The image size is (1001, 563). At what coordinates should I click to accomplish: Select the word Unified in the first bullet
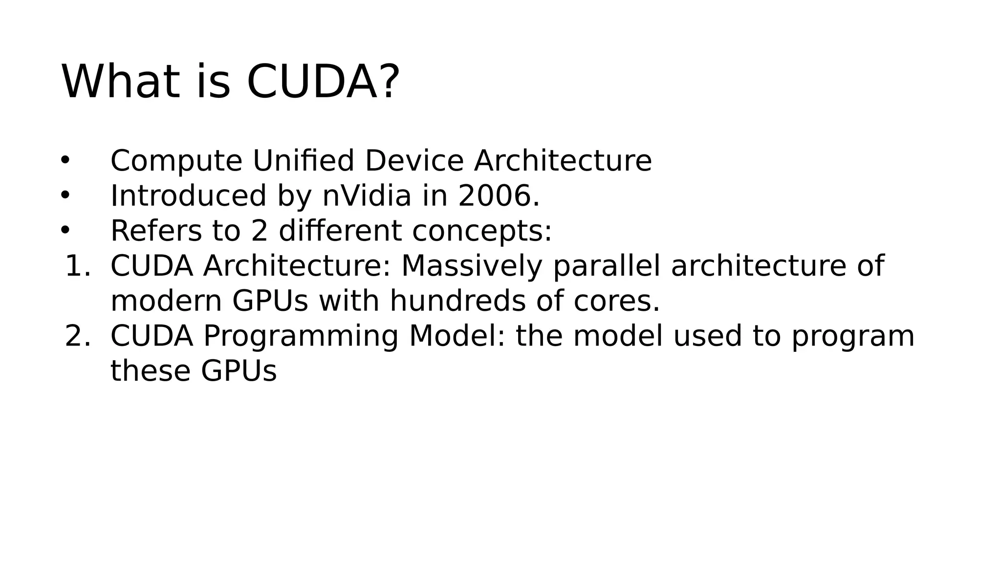coord(303,161)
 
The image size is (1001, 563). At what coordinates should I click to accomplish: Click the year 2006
coord(494,196)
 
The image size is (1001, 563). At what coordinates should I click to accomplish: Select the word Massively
coord(472,266)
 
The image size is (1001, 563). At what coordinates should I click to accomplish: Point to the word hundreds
coord(457,301)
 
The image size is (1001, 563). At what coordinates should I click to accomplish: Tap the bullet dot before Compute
coord(65,160)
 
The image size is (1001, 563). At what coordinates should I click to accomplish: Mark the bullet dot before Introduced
coord(65,195)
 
